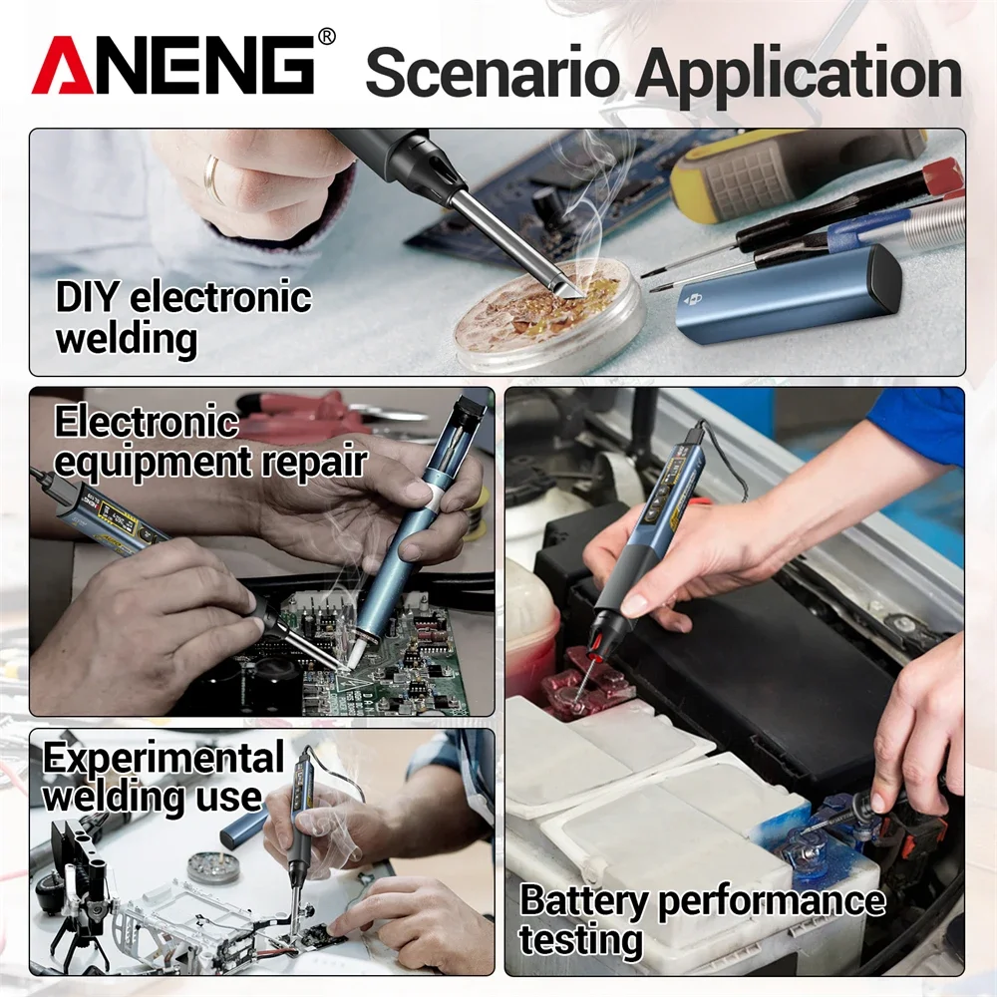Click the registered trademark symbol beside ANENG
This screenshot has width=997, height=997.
pyautogui.click(x=326, y=37)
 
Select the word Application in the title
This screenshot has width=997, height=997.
pyautogui.click(x=798, y=76)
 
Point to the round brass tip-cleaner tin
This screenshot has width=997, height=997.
pyautogui.click(x=543, y=309)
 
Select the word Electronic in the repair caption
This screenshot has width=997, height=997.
pyautogui.click(x=146, y=423)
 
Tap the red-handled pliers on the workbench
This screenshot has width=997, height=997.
pyautogui.click(x=299, y=413)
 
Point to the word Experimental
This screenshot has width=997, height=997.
pyautogui.click(x=163, y=759)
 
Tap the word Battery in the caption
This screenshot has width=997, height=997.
pyautogui.click(x=582, y=900)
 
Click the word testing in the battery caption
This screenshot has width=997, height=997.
pyautogui.click(x=580, y=939)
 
